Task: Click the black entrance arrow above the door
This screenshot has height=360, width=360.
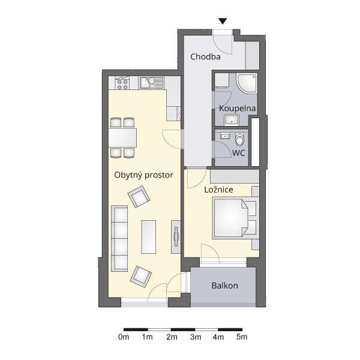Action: click(x=223, y=21)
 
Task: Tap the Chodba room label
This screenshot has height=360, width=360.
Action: click(x=205, y=57)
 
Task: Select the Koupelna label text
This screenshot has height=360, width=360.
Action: click(x=237, y=109)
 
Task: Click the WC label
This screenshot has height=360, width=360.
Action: click(x=239, y=153)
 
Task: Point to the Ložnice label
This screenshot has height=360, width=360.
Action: click(x=218, y=190)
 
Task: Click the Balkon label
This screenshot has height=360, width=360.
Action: click(x=225, y=286)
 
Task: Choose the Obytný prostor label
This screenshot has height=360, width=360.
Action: click(x=144, y=175)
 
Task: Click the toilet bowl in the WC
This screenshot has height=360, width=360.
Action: click(x=240, y=139)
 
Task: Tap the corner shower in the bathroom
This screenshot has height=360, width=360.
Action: click(x=247, y=83)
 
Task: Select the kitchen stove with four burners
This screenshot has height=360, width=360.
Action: click(x=122, y=83)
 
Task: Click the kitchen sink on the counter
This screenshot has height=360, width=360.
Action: click(x=152, y=83)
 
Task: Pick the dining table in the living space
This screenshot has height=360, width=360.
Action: click(x=122, y=138)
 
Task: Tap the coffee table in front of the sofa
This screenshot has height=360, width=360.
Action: click(x=149, y=237)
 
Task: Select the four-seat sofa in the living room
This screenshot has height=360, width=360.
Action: click(x=119, y=239)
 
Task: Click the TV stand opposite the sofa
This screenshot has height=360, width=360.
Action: click(x=176, y=237)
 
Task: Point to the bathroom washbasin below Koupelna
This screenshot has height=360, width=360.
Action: click(x=232, y=120)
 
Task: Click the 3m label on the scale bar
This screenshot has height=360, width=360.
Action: click(x=196, y=337)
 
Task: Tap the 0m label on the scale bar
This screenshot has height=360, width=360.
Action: click(x=124, y=337)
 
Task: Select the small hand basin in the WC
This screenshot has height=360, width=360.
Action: click(x=225, y=136)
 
